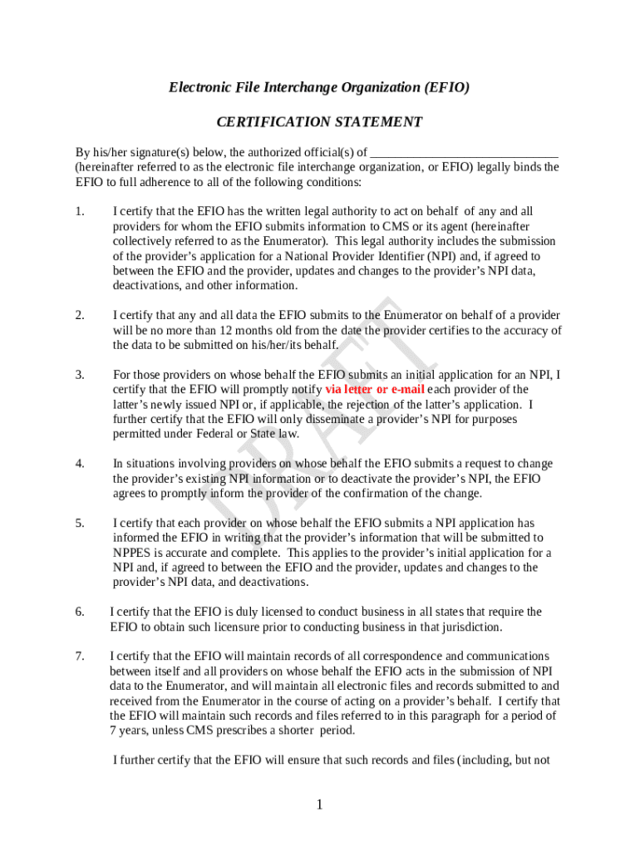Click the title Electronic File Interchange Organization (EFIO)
(x=319, y=87)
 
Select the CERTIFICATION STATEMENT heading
(x=319, y=122)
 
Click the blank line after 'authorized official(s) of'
(x=464, y=153)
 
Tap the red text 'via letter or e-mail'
(x=375, y=389)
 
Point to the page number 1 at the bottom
(x=319, y=804)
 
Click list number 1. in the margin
(x=80, y=211)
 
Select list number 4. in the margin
(x=80, y=464)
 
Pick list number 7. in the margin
(x=80, y=657)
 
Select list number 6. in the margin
(x=80, y=612)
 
